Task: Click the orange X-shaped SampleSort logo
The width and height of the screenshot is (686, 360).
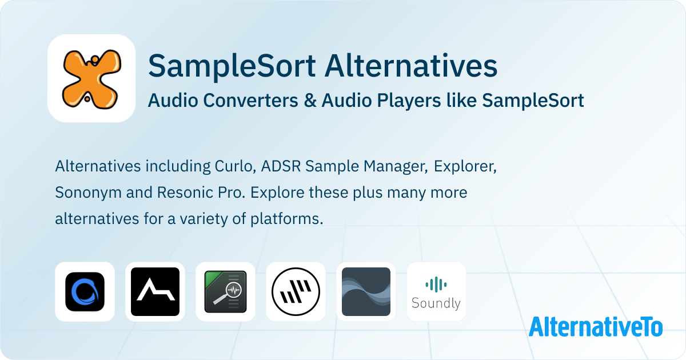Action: pyautogui.click(x=91, y=79)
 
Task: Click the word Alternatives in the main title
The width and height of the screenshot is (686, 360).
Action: pyautogui.click(x=411, y=66)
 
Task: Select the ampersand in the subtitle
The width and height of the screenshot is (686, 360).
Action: pyautogui.click(x=310, y=101)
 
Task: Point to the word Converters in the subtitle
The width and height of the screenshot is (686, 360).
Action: pyautogui.click(x=250, y=101)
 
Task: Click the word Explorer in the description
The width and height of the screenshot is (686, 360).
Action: pyautogui.click(x=465, y=167)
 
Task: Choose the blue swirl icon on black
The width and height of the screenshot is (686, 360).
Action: pyautogui.click(x=85, y=292)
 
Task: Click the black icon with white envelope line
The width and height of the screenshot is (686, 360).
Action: pyautogui.click(x=155, y=292)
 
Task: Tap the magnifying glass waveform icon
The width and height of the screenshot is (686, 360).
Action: pyautogui.click(x=225, y=292)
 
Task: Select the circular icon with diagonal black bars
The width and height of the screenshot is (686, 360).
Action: pyautogui.click(x=296, y=292)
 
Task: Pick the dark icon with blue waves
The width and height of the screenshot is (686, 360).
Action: pyautogui.click(x=366, y=292)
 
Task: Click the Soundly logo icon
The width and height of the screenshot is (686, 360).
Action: pyautogui.click(x=436, y=293)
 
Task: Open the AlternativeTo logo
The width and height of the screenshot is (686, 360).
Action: pyautogui.click(x=596, y=326)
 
